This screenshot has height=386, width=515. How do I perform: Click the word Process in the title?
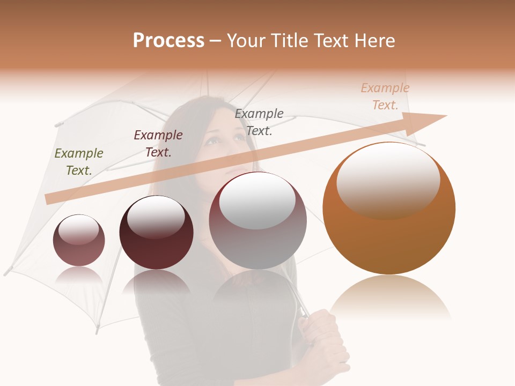(x=168, y=41)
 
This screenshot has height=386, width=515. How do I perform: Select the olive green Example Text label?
(x=79, y=162)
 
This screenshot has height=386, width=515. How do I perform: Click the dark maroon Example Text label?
(x=158, y=144)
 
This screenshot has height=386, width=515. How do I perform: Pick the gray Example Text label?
(x=259, y=122)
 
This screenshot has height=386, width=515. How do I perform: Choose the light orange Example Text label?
(x=385, y=96)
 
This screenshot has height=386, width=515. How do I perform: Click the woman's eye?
(x=214, y=140)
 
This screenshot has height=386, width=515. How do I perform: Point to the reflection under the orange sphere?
(x=390, y=298)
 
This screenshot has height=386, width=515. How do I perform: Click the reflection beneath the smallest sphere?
(x=79, y=274)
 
